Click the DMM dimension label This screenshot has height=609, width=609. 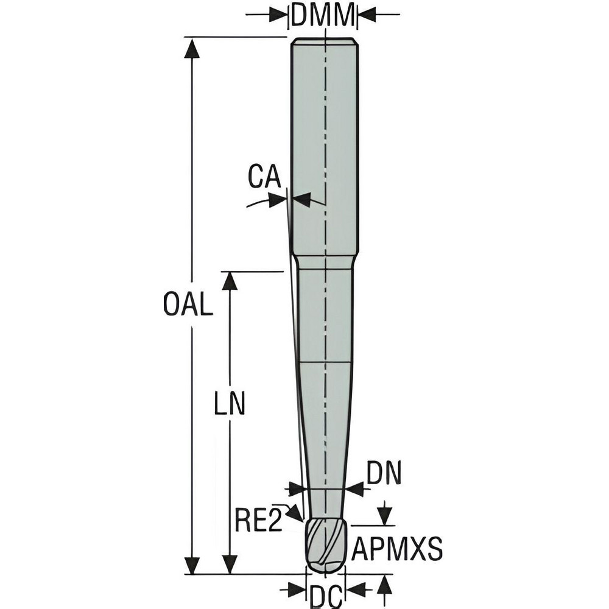point(322,15)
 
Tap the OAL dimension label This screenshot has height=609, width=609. point(188,305)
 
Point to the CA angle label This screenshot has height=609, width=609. point(264,177)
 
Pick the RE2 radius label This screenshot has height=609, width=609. point(259,522)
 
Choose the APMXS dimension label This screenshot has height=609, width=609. point(397,551)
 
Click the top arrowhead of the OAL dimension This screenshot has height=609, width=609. point(192,49)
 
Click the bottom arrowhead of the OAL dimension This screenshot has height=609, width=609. point(192,564)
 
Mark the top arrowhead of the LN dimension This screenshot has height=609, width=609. point(230,281)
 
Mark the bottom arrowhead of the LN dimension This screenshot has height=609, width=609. point(230,564)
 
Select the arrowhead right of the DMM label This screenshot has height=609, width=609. point(366,14)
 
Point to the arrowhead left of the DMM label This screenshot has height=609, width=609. point(278,14)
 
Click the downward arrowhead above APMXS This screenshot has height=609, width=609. point(384,516)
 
